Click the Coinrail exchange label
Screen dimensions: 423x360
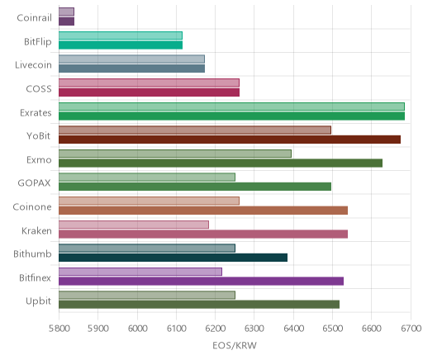(x=34, y=18)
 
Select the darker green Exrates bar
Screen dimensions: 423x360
(x=231, y=116)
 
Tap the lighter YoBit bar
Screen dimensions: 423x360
(x=195, y=130)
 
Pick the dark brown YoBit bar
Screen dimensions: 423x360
(x=230, y=140)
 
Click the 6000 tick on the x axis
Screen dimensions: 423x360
(x=137, y=329)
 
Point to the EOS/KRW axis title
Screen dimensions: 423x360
(x=235, y=345)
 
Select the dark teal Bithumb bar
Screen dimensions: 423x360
(x=173, y=258)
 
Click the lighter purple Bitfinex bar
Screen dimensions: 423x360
(x=140, y=272)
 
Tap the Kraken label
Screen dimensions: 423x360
(x=36, y=230)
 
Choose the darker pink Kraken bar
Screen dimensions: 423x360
(x=203, y=234)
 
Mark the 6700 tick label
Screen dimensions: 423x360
(x=411, y=329)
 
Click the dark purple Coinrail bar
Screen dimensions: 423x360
(x=66, y=21)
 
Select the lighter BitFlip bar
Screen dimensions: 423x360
(x=121, y=36)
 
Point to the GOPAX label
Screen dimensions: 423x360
(x=34, y=183)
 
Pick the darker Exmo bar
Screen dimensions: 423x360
(x=221, y=163)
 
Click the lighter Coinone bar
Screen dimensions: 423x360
(x=149, y=201)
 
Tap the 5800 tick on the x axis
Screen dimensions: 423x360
(x=59, y=329)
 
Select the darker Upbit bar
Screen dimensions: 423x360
(x=199, y=305)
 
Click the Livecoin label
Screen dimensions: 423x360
(x=33, y=65)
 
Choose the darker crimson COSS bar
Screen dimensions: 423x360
(x=149, y=92)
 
